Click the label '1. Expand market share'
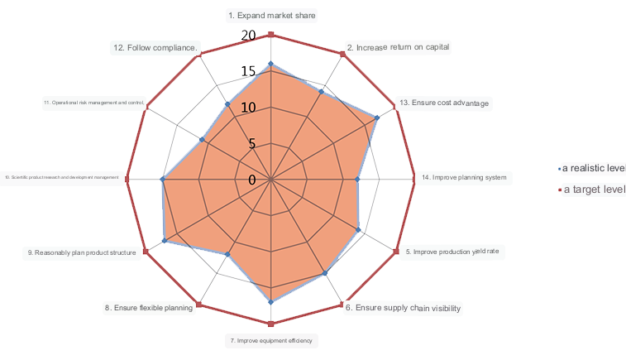tap(271, 16)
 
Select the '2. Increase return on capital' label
tap(399, 47)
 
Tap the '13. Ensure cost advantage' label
tap(444, 103)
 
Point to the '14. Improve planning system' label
tap(463, 178)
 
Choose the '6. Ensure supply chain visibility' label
tap(403, 309)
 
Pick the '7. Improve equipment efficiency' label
tap(270, 341)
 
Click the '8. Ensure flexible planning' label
tap(149, 308)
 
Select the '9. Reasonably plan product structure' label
tap(80, 252)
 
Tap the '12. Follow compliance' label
tap(155, 48)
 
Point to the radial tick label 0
tap(252, 180)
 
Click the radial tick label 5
tap(252, 143)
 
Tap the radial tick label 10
tap(249, 108)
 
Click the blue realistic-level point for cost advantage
tap(377, 118)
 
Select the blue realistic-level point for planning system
tap(357, 179)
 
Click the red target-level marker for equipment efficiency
tap(270, 324)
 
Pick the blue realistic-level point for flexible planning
tap(228, 253)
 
